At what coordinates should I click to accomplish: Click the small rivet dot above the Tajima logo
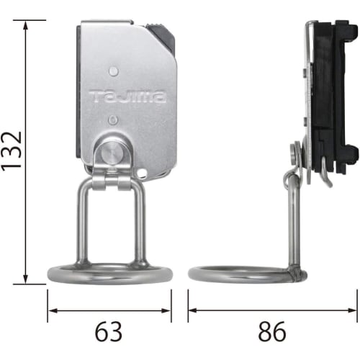click(113, 71)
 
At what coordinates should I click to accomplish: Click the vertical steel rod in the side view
click(293, 223)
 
